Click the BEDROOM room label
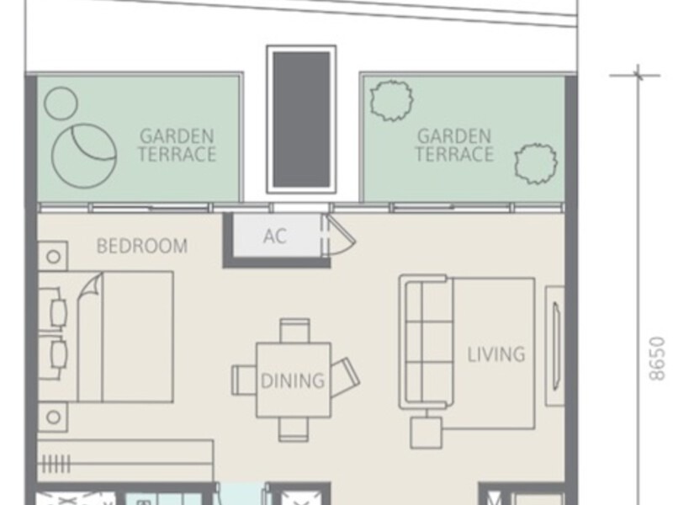tap(142, 246)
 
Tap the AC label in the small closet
tap(275, 236)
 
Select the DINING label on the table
tap(292, 380)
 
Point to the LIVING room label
tap(495, 354)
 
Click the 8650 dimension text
tap(657, 359)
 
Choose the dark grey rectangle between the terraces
tap(301, 120)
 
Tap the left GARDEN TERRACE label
tap(177, 146)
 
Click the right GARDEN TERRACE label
tap(454, 146)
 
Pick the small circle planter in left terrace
tap(61, 103)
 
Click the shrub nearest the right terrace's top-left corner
tap(391, 100)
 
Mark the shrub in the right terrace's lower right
tap(536, 163)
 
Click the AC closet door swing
tap(339, 237)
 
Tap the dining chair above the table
tap(294, 330)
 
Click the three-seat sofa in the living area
tap(425, 342)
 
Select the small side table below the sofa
tap(426, 433)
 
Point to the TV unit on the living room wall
tap(555, 346)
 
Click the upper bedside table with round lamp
tap(53, 257)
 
